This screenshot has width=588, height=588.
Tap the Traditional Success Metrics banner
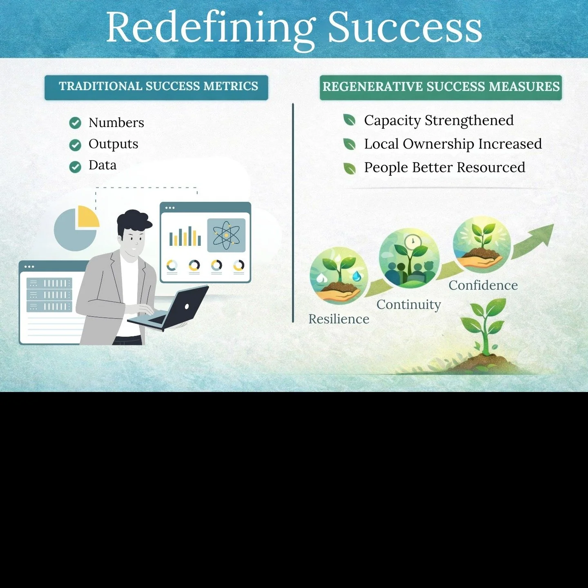[156, 87]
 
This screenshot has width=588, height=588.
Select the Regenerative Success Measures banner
[441, 87]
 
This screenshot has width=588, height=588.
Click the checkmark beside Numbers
[75, 123]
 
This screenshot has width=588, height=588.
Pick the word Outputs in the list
[113, 144]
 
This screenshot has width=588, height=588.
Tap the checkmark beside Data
[75, 167]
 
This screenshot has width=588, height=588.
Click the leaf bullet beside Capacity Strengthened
[349, 120]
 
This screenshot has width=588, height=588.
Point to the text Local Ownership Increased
[452, 144]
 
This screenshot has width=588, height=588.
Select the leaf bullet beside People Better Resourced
[349, 168]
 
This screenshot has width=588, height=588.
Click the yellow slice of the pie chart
[87, 216]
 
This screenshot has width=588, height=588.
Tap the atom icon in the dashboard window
[226, 235]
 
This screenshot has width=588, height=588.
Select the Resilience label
[339, 319]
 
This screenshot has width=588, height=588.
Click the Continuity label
[408, 305]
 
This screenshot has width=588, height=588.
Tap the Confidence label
[483, 285]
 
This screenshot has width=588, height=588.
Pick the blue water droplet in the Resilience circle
[357, 276]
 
